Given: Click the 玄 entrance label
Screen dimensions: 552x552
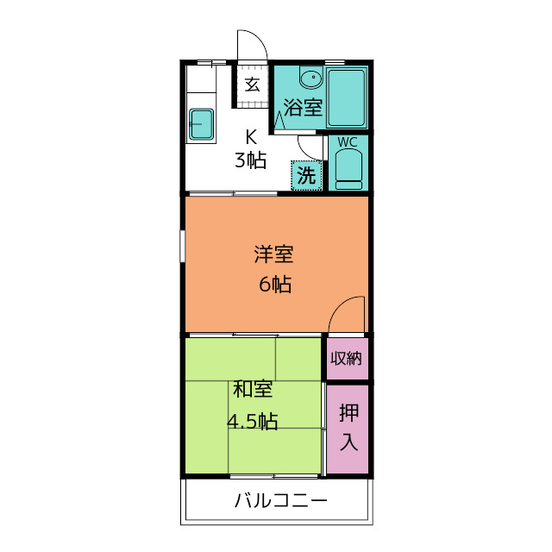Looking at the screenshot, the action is coord(253,85).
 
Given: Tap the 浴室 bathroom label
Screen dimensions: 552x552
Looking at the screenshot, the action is coord(303,107).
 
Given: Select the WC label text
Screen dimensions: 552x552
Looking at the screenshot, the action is coord(348,142).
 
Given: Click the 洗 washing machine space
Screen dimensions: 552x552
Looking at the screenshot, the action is coord(306,176).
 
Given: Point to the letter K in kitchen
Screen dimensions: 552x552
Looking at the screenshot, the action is coord(251,137).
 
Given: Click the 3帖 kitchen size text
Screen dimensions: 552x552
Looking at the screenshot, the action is coord(251,160).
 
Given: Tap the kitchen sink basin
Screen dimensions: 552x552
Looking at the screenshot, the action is coord(201,124).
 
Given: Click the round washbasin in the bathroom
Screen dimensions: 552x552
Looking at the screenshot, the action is coord(311,78).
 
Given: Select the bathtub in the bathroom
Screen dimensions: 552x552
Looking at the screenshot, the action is coord(347,97).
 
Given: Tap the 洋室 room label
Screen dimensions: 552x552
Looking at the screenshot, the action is coord(274,254).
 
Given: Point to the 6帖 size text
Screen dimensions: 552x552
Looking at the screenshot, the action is coord(275,284).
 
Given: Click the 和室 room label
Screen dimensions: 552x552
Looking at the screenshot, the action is coord(253,389).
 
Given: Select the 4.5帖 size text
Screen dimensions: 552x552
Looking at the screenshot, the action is coord(253,421).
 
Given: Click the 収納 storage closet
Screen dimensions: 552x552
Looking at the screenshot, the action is coord(348,359).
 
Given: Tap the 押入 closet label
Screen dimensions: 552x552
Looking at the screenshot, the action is coord(348,427).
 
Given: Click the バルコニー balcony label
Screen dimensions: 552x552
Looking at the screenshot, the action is coord(280,500).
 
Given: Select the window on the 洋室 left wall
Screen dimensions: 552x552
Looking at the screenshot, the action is coord(183,246).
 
